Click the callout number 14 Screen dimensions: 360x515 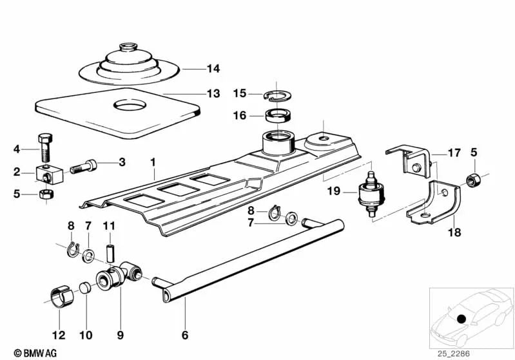213,68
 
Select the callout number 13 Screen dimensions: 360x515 213,93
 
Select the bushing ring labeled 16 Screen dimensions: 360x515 278,117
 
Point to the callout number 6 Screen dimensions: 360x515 185,335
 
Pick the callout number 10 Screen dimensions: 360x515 86,335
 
